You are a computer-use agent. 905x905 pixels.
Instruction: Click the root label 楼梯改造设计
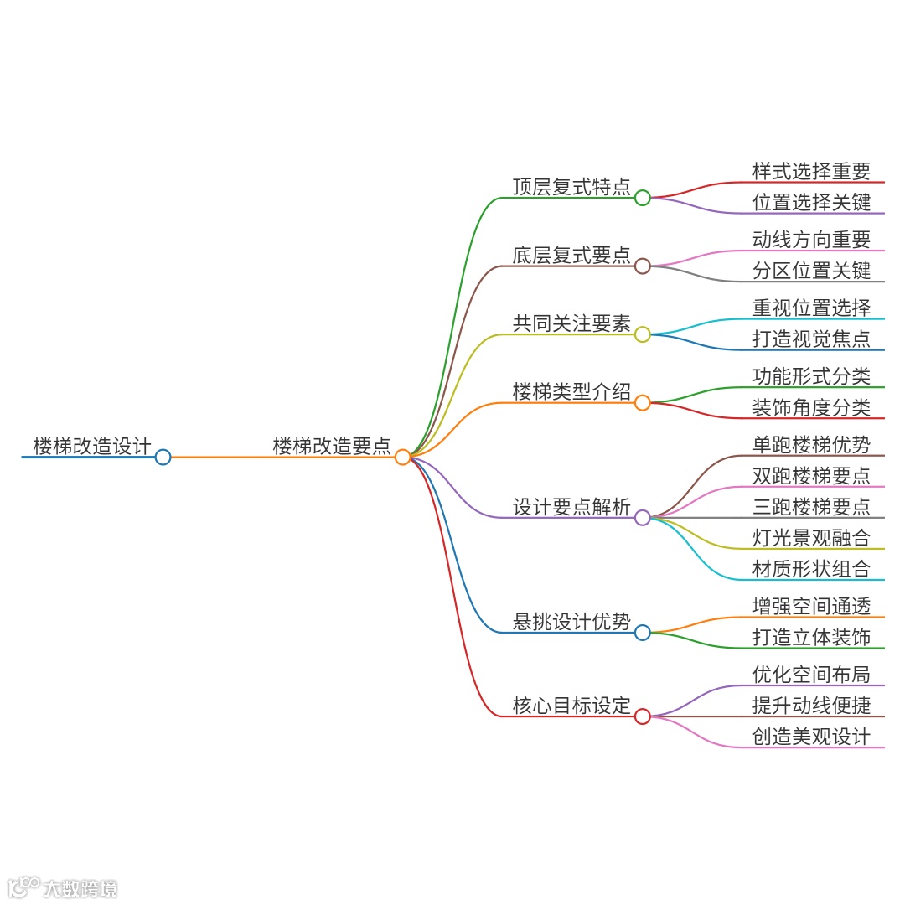tap(92, 445)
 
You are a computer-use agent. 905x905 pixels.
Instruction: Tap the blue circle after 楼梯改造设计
tap(163, 457)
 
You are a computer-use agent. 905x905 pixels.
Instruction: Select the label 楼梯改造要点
tap(332, 445)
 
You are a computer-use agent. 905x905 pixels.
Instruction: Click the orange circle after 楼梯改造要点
tap(402, 457)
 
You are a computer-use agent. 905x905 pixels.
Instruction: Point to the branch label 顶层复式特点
tap(571, 186)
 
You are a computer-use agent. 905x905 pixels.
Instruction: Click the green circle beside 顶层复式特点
tap(642, 198)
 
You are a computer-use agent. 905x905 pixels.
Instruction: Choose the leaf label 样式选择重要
tap(811, 171)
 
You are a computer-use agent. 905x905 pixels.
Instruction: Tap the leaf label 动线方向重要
tap(811, 240)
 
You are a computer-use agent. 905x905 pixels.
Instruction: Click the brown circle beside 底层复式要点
tap(642, 266)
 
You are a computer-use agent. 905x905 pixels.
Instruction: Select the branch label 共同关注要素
tap(571, 323)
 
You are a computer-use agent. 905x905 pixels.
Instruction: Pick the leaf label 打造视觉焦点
tap(811, 339)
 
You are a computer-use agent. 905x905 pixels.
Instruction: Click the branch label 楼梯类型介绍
tap(571, 391)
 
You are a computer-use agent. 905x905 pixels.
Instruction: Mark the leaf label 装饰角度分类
tap(811, 407)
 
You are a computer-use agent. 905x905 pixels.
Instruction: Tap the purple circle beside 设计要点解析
tap(642, 518)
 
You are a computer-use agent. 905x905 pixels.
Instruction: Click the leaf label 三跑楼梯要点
tap(811, 506)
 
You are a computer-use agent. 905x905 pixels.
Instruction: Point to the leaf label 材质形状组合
tap(811, 568)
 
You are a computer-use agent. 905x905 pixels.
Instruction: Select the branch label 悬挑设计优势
tap(571, 621)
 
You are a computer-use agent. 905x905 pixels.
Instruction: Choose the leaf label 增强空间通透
tap(811, 606)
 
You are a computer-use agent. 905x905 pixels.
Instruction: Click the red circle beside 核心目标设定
tap(642, 716)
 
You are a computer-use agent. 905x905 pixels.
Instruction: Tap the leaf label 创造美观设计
tap(811, 736)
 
